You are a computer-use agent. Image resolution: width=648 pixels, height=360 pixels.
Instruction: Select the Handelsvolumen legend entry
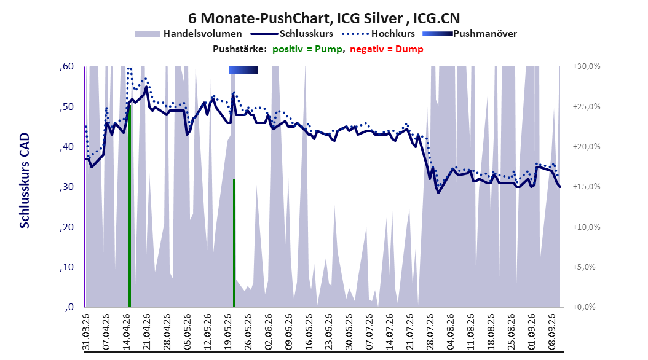[188, 34]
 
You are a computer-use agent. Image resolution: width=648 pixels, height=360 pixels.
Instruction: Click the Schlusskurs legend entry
[292, 34]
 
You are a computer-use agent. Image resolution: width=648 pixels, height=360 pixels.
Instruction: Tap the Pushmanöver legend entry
[470, 34]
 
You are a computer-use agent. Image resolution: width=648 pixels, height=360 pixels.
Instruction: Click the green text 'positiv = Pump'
[307, 49]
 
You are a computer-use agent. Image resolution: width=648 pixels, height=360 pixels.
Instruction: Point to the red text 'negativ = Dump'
[387, 49]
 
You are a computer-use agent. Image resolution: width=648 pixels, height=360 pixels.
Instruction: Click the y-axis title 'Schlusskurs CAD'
[25, 181]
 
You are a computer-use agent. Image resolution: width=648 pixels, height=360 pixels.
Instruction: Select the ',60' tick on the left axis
[66, 66]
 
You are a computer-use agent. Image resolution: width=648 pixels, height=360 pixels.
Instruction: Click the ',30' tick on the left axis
[66, 187]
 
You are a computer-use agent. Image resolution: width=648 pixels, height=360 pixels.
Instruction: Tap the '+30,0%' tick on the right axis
[587, 66]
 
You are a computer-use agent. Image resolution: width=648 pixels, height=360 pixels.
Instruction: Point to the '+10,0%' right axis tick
[587, 227]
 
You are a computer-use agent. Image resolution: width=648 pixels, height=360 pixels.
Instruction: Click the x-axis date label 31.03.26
[86, 332]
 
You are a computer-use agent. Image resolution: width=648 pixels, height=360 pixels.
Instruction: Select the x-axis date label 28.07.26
[430, 332]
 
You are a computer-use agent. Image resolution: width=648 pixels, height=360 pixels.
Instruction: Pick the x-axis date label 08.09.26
[551, 332]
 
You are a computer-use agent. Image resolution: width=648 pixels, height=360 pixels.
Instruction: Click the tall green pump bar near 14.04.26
[129, 206]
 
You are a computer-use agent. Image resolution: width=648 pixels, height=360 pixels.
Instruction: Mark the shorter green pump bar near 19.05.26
[234, 243]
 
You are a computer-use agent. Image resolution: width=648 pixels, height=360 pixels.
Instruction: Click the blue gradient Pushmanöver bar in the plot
[243, 71]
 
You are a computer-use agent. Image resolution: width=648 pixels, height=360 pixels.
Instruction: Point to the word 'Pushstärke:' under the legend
[240, 49]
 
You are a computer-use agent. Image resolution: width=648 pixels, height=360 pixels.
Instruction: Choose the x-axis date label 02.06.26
[269, 332]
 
